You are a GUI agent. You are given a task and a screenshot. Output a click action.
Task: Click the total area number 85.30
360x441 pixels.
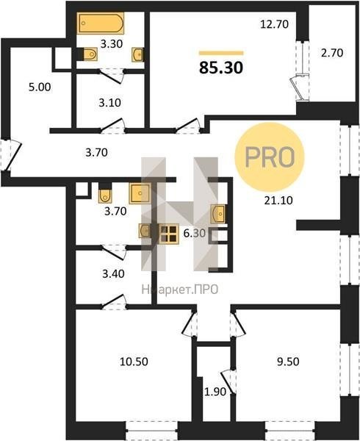click(x=221, y=68)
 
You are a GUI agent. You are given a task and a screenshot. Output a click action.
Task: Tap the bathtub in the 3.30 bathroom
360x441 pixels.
click(x=101, y=23)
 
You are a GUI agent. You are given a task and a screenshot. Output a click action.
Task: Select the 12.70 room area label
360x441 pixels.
click(x=274, y=24)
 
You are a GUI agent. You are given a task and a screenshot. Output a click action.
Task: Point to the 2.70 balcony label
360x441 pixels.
click(x=332, y=53)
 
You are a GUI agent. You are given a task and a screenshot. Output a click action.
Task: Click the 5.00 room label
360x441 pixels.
click(x=40, y=87)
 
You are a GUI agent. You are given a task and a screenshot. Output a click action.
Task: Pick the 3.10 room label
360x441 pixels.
click(x=109, y=103)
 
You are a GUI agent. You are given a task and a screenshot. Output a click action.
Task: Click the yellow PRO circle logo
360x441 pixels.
click(x=270, y=157)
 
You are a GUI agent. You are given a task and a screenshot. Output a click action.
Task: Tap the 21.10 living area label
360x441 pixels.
click(x=278, y=200)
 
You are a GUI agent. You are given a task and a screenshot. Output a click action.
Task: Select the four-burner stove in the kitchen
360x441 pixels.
click(x=169, y=234)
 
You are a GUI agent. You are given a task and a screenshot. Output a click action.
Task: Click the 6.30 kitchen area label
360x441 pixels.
click(x=195, y=233)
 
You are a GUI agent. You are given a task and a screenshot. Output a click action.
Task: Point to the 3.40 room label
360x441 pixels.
click(x=113, y=273)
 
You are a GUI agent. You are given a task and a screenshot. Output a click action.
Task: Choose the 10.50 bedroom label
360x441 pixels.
click(x=134, y=362)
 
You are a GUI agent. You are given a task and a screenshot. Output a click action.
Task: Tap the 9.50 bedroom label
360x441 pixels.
click(x=288, y=362)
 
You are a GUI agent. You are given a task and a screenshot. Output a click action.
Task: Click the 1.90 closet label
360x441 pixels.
click(x=215, y=392)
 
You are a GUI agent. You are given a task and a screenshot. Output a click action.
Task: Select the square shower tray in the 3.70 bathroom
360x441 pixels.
click(x=140, y=193)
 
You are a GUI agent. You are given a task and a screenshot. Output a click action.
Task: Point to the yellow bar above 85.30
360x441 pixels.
click(x=221, y=53)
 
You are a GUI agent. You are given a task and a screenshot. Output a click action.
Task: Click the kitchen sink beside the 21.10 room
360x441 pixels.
click(x=218, y=214)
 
